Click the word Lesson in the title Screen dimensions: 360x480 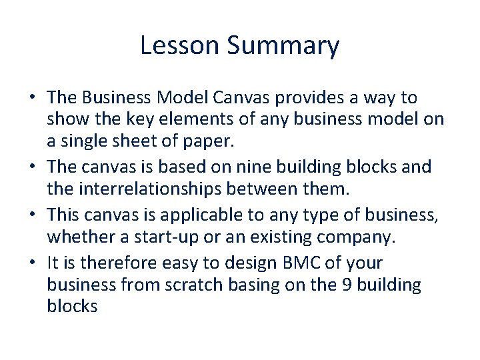coord(180,46)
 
